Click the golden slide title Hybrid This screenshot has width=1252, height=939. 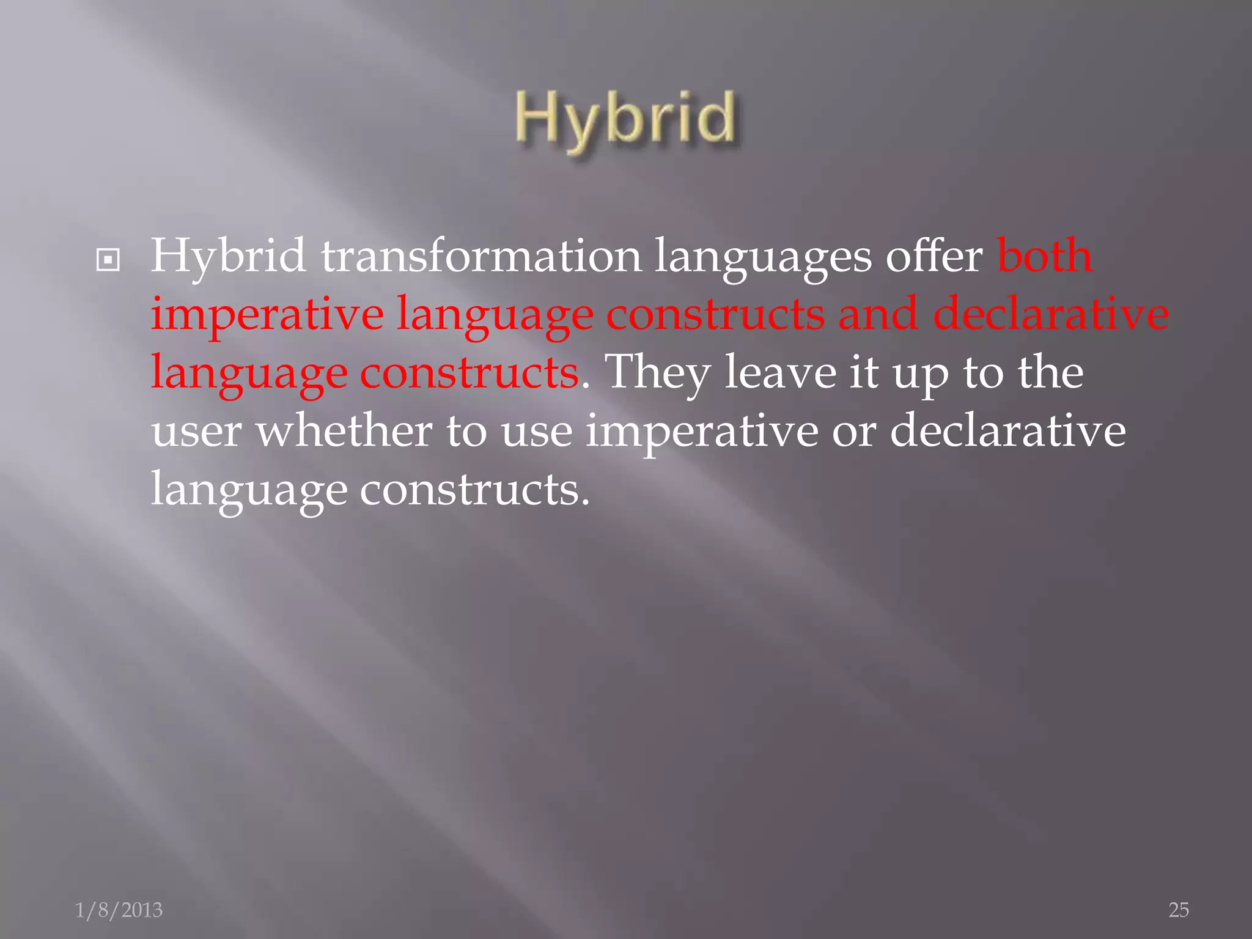[x=625, y=119]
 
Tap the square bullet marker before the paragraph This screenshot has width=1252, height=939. [x=108, y=261]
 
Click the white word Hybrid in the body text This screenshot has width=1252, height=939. [x=228, y=256]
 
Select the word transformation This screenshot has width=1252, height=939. [x=481, y=256]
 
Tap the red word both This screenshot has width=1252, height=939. [x=1044, y=256]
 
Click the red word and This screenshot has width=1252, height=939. [x=878, y=313]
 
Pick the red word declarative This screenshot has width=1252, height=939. [x=1051, y=313]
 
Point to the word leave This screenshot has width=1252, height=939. [x=780, y=372]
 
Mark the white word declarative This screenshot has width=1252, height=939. [x=1007, y=430]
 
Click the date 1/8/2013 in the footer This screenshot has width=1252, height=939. [x=119, y=910]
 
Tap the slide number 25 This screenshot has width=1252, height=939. [x=1179, y=910]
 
